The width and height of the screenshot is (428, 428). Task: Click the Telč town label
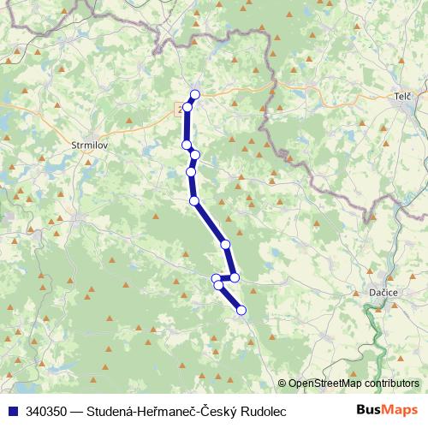pos(402,97)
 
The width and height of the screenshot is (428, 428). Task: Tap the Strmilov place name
pos(88,145)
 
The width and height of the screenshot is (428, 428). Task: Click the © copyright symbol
pos(282,384)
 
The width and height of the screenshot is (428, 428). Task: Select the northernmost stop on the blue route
pos(195,94)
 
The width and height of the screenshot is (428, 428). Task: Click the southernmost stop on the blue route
pos(241,310)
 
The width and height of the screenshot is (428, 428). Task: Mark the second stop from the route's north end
pos(187,107)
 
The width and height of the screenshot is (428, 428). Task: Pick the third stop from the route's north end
pos(187,144)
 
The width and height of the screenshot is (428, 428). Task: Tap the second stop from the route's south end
pos(218,285)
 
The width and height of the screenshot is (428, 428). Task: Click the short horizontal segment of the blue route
pos(225,278)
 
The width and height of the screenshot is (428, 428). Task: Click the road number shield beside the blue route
pos(180,110)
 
